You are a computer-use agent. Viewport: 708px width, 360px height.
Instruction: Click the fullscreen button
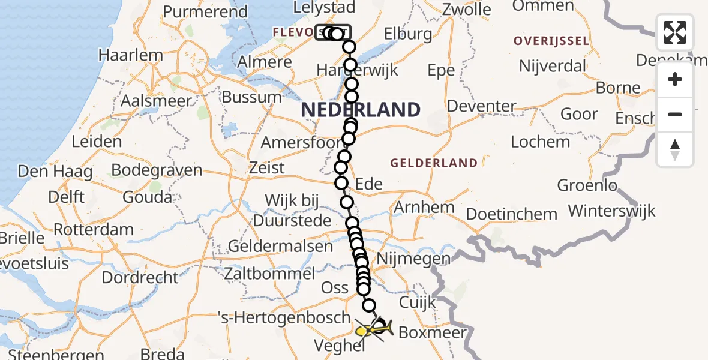[x=675, y=32]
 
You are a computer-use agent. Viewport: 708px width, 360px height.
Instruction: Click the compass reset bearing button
[x=675, y=149]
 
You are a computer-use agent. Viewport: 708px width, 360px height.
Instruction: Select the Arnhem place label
[x=424, y=208]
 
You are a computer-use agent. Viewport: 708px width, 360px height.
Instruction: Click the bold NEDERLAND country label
[x=360, y=110]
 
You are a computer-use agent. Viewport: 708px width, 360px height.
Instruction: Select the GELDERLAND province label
[x=434, y=163]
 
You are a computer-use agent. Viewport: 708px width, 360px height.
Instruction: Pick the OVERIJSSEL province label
[x=551, y=41]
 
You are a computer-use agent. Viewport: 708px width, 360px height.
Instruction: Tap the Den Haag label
[x=55, y=172]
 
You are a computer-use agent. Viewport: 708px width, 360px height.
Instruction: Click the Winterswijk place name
[x=611, y=211]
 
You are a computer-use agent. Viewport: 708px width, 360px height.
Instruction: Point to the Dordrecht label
[x=140, y=277]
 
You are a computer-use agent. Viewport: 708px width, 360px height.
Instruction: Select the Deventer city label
[x=482, y=107]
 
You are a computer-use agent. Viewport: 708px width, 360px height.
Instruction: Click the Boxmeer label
[x=432, y=332]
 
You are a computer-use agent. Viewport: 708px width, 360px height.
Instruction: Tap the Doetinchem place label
[x=511, y=214]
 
